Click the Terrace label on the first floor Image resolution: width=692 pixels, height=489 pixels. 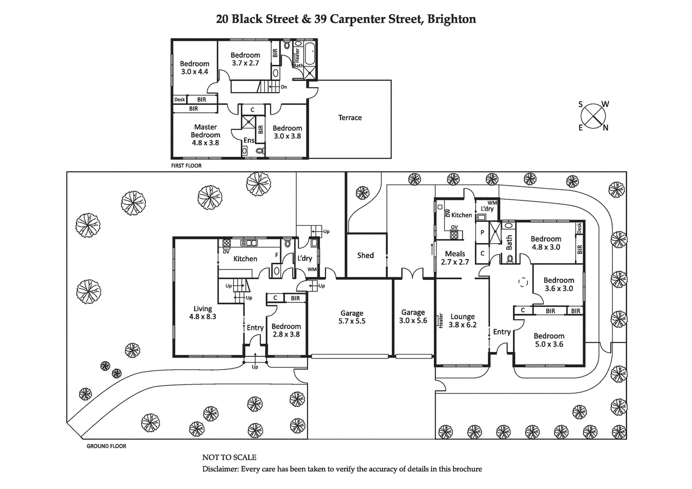point(350,118)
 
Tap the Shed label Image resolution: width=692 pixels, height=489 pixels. point(365,255)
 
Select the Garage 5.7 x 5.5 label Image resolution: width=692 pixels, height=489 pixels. point(352,317)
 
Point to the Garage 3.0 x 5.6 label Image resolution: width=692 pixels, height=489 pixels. point(413,316)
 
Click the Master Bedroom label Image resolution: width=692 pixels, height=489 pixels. point(205,134)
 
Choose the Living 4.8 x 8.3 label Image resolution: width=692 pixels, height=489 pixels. point(203,313)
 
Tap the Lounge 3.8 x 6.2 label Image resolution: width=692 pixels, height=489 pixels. point(463,320)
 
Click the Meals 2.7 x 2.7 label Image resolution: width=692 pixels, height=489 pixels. point(455,258)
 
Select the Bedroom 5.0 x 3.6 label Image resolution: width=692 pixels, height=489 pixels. point(549,339)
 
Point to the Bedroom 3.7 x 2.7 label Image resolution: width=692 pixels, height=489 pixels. point(245,59)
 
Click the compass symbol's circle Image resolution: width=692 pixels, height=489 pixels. point(592,116)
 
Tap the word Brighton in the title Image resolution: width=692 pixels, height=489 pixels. point(451,19)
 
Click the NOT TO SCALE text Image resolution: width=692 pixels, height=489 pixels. point(229,457)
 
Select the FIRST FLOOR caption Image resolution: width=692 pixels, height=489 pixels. point(186,166)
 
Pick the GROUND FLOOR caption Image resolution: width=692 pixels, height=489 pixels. point(106,446)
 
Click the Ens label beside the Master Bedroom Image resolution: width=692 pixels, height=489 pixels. point(249,140)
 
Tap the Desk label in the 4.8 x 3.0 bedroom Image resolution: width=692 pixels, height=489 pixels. point(579,229)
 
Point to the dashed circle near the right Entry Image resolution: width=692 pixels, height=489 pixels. point(523,282)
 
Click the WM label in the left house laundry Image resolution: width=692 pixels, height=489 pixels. point(312,269)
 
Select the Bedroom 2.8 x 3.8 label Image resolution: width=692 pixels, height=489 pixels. point(286,330)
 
